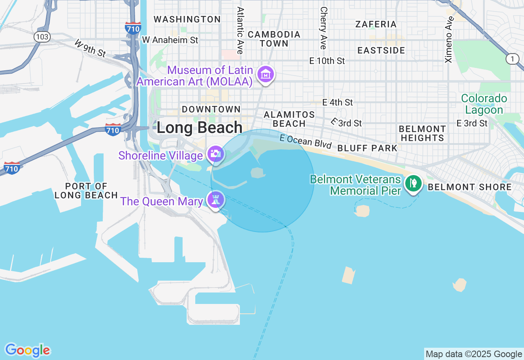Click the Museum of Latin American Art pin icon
(x=266, y=75)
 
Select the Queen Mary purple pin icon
(x=215, y=200)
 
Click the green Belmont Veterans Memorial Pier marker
(x=413, y=183)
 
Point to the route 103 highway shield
(x=42, y=37)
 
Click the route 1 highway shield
(x=512, y=59)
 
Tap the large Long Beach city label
(x=199, y=128)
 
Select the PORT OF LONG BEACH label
(x=86, y=191)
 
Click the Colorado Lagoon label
(x=484, y=104)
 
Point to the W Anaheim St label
(x=170, y=40)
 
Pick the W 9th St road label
(x=90, y=48)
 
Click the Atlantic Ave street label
(x=240, y=30)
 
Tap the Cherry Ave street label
(x=324, y=28)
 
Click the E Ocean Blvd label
(x=305, y=141)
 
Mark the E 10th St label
(x=327, y=61)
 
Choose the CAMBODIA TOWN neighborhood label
(x=274, y=39)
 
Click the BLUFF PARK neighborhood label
(x=367, y=148)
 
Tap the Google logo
(x=27, y=351)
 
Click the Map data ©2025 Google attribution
(x=474, y=354)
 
